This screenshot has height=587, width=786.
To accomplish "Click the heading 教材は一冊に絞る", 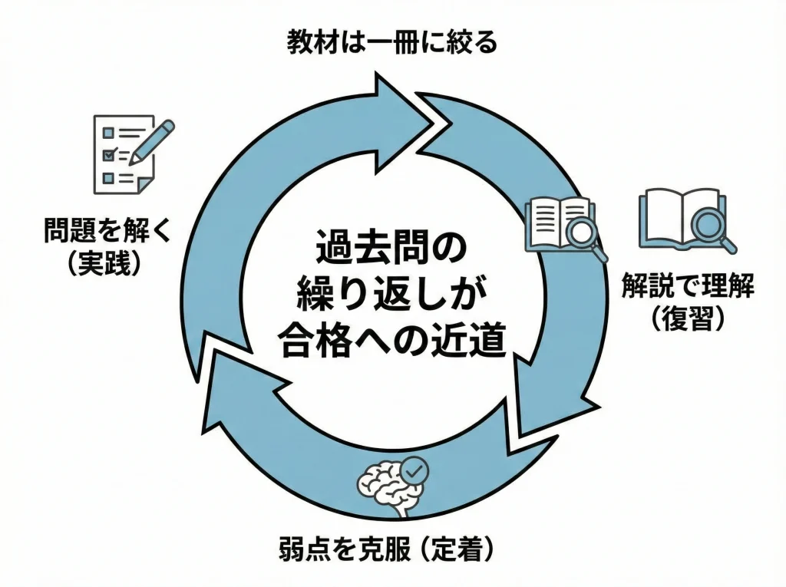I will tap(392, 41).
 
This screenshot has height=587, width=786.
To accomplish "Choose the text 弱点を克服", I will tap(344, 549).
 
